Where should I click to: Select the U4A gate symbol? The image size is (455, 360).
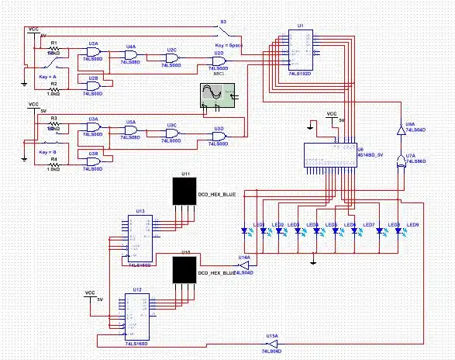(x=132, y=54)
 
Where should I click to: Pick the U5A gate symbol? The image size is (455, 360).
(x=132, y=130)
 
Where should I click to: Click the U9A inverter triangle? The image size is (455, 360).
(x=401, y=133)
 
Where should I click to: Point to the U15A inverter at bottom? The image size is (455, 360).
(x=271, y=344)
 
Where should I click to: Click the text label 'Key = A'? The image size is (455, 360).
(x=47, y=78)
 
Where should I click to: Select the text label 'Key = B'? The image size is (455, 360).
(x=47, y=152)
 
